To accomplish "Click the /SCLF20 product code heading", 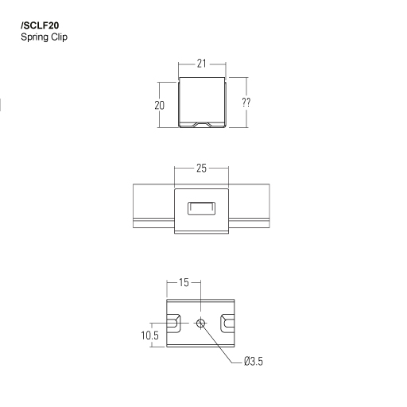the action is pyautogui.click(x=40, y=25).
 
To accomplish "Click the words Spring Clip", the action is pyautogui.click(x=44, y=37).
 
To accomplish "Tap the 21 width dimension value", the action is pyautogui.click(x=201, y=64).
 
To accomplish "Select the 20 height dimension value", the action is pyautogui.click(x=159, y=106).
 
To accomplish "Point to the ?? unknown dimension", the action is pyautogui.click(x=246, y=103).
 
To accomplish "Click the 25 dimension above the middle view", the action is pyautogui.click(x=201, y=169).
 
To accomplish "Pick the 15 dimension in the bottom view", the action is pyautogui.click(x=184, y=282).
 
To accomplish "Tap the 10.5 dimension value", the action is pyautogui.click(x=149, y=335).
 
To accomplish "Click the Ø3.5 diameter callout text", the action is pyautogui.click(x=254, y=361).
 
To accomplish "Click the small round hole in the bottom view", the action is pyautogui.click(x=200, y=324).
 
